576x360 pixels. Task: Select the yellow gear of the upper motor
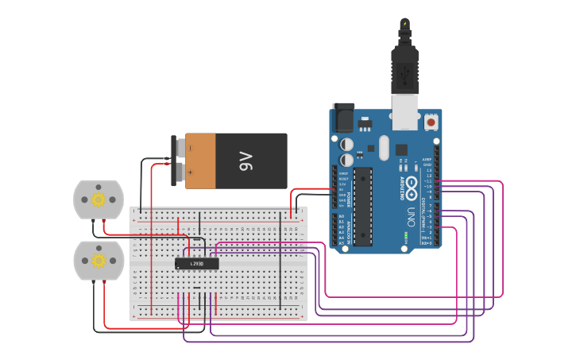[99, 199]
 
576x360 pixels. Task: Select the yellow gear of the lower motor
[99, 260]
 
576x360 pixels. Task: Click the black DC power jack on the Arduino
[343, 118]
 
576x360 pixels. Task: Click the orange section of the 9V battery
[201, 161]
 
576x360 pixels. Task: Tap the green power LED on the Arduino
[406, 235]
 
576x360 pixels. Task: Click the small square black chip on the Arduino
[401, 149]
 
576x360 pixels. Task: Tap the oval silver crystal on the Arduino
[385, 147]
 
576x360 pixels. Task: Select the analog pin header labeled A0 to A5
[334, 229]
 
